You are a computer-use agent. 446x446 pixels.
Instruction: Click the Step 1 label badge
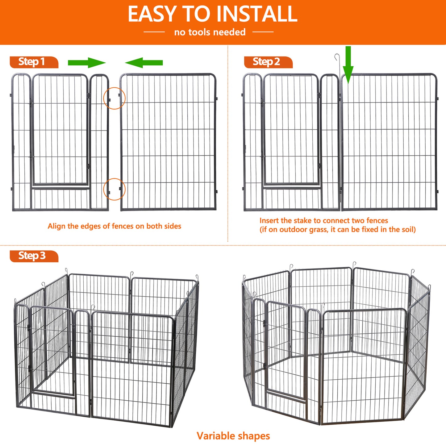pos(33,62)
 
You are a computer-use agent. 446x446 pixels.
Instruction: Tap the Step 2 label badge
pos(267,62)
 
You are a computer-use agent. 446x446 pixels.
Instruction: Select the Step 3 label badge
pos(33,256)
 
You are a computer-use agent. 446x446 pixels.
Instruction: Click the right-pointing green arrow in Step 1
pos(87,63)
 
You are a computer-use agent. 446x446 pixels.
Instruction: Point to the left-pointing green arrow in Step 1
pos(144,63)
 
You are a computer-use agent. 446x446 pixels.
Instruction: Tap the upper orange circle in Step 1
pos(114,98)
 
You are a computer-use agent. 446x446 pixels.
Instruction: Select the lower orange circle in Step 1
pos(114,189)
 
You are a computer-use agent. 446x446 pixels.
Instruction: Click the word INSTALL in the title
pos(256,14)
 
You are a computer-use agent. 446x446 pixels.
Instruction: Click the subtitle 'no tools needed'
pos(210,32)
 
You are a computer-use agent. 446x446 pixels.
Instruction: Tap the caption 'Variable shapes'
pos(233,436)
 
